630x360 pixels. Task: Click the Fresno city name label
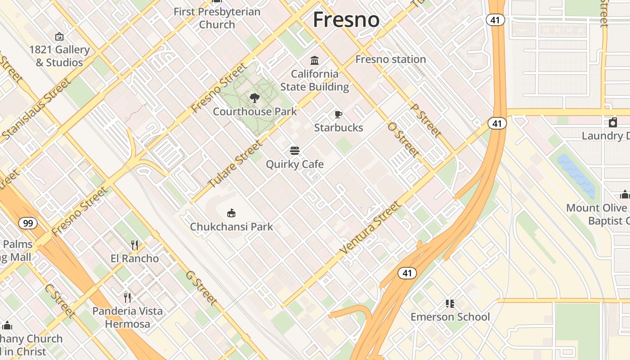point(346,20)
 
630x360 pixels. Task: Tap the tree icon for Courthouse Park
point(255,98)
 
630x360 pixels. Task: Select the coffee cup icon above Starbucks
point(338,114)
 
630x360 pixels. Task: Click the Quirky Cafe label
point(295,164)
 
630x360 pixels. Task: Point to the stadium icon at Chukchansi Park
point(231,213)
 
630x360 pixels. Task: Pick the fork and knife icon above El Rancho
point(135,245)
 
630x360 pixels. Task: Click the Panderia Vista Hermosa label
point(127,317)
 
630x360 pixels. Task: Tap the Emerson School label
point(450,317)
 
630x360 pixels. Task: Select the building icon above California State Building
point(315,60)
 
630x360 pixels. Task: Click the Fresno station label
point(391,59)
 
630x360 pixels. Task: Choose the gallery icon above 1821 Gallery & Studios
point(59,36)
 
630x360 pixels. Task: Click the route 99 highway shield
point(28,223)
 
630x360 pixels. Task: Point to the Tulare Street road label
point(234,165)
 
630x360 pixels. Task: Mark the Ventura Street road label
point(369,228)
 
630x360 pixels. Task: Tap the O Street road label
point(403,139)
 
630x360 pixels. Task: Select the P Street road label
point(426,121)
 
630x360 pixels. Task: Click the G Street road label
point(201,288)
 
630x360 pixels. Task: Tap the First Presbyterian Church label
point(217,18)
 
